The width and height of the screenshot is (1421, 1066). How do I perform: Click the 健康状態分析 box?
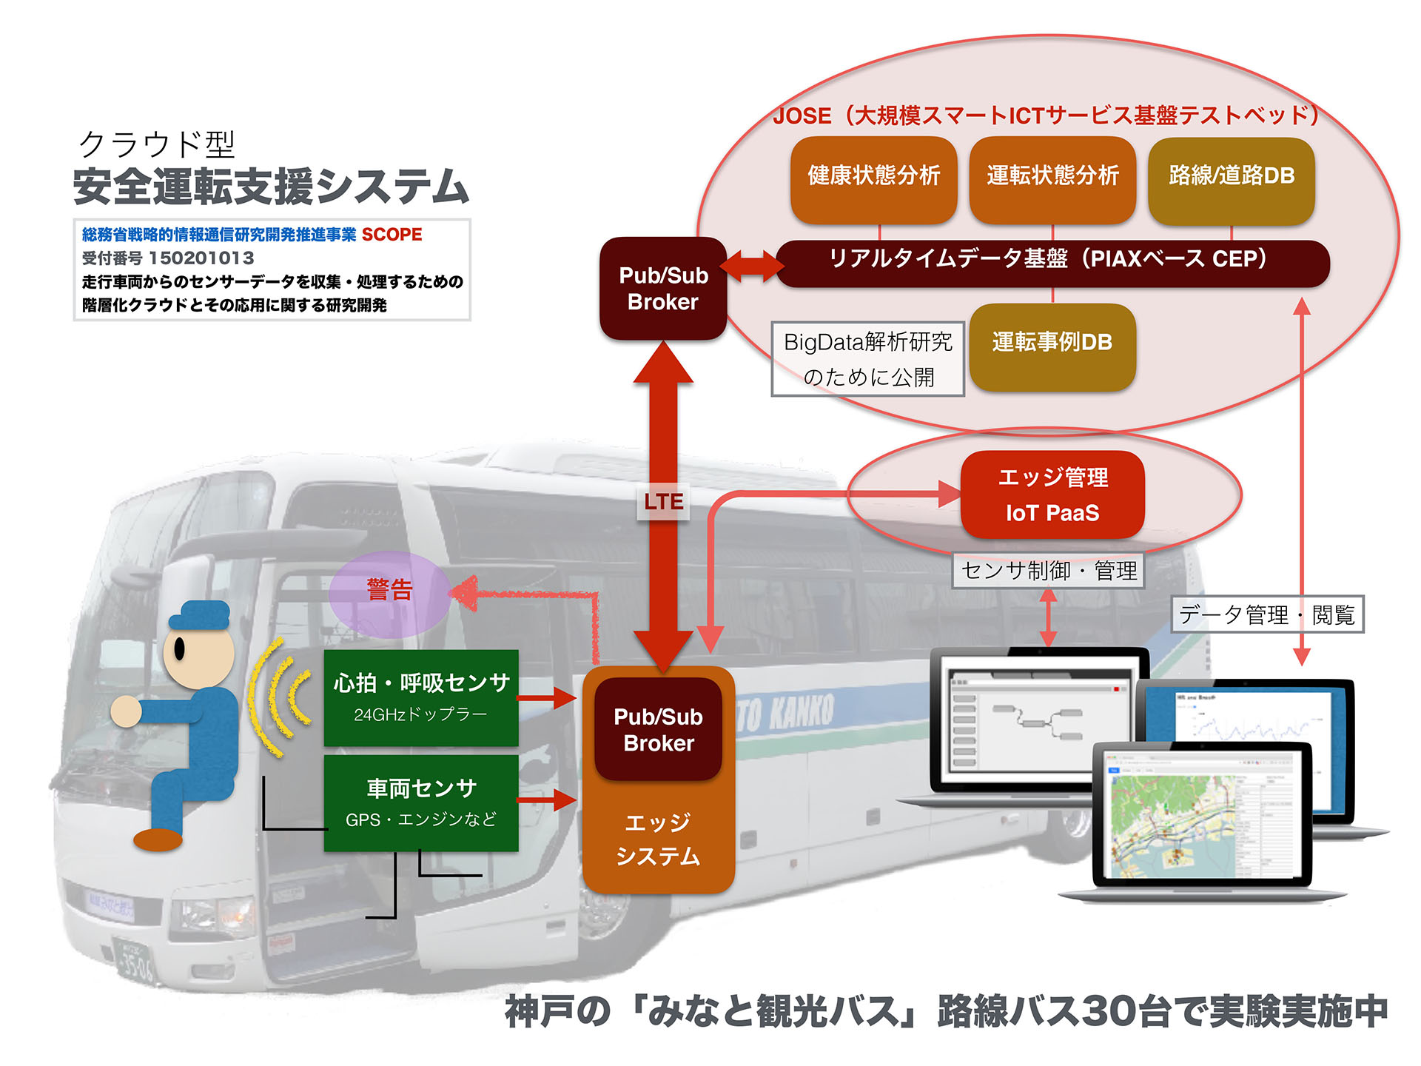(873, 178)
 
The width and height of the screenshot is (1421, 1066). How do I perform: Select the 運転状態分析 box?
(1052, 178)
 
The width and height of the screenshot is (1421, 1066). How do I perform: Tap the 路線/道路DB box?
(1231, 178)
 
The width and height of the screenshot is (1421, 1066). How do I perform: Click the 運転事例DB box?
(1052, 345)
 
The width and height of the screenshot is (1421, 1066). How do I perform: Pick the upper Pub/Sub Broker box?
(663, 289)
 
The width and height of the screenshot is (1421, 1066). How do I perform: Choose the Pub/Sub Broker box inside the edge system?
(658, 729)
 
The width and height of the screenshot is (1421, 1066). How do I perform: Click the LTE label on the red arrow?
(663, 501)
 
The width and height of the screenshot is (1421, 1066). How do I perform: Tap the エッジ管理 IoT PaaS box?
(1052, 495)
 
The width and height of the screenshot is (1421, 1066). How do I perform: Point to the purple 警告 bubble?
(389, 593)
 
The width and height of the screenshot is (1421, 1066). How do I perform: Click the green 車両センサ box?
(421, 802)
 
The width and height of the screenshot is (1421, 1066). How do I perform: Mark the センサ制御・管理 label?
(1048, 571)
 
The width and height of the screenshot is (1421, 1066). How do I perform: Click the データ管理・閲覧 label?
(1266, 614)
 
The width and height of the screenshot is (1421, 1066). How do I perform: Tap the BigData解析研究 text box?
(867, 359)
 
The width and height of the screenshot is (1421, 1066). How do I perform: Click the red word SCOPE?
(392, 235)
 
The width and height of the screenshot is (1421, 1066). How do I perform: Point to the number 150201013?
(201, 258)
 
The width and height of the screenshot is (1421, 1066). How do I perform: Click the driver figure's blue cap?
(201, 614)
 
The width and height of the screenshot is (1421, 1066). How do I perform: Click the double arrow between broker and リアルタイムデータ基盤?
(752, 265)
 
